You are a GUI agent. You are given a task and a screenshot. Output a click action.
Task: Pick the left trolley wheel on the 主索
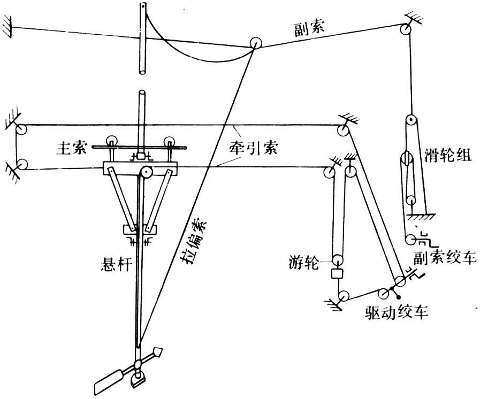113,142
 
